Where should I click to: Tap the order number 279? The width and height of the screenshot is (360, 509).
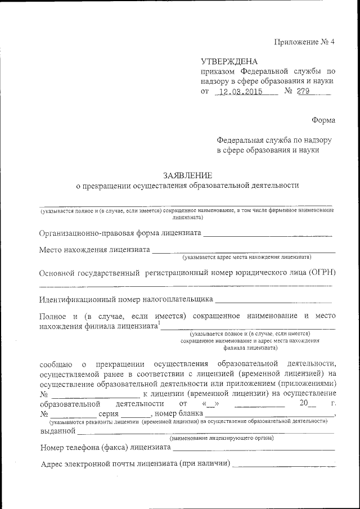[x=304, y=92]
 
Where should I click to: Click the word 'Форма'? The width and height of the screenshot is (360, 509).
[x=323, y=120]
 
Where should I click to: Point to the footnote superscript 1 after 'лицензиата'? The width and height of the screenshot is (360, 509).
[x=159, y=323]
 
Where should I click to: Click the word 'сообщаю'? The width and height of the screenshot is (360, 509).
[x=55, y=363]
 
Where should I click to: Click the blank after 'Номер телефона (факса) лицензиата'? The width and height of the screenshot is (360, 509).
[x=254, y=449]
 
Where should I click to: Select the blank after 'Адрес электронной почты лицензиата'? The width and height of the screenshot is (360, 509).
[x=284, y=465]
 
